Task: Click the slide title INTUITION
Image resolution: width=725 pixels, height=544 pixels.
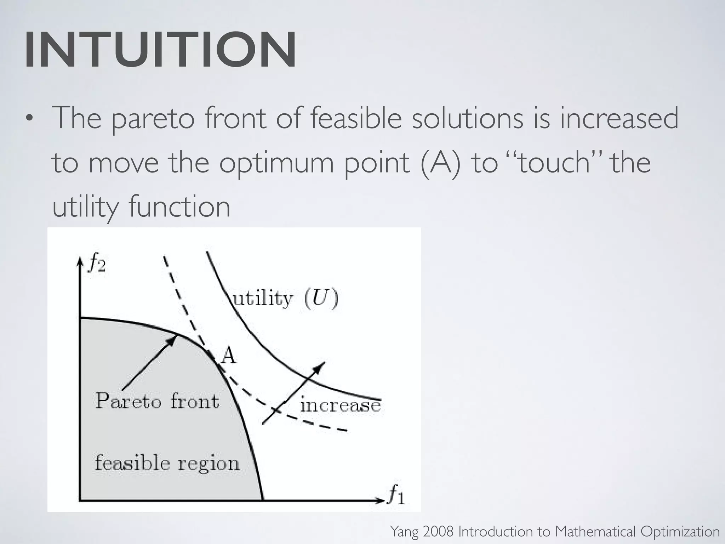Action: tap(160, 50)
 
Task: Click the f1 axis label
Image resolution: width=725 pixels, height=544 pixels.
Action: tap(396, 494)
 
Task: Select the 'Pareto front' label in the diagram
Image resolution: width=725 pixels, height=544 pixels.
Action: tap(158, 401)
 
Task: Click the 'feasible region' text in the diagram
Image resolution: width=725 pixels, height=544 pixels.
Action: tap(167, 463)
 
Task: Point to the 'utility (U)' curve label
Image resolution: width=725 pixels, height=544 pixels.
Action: tap(285, 299)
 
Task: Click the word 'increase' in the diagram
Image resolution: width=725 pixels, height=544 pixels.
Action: tap(340, 405)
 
